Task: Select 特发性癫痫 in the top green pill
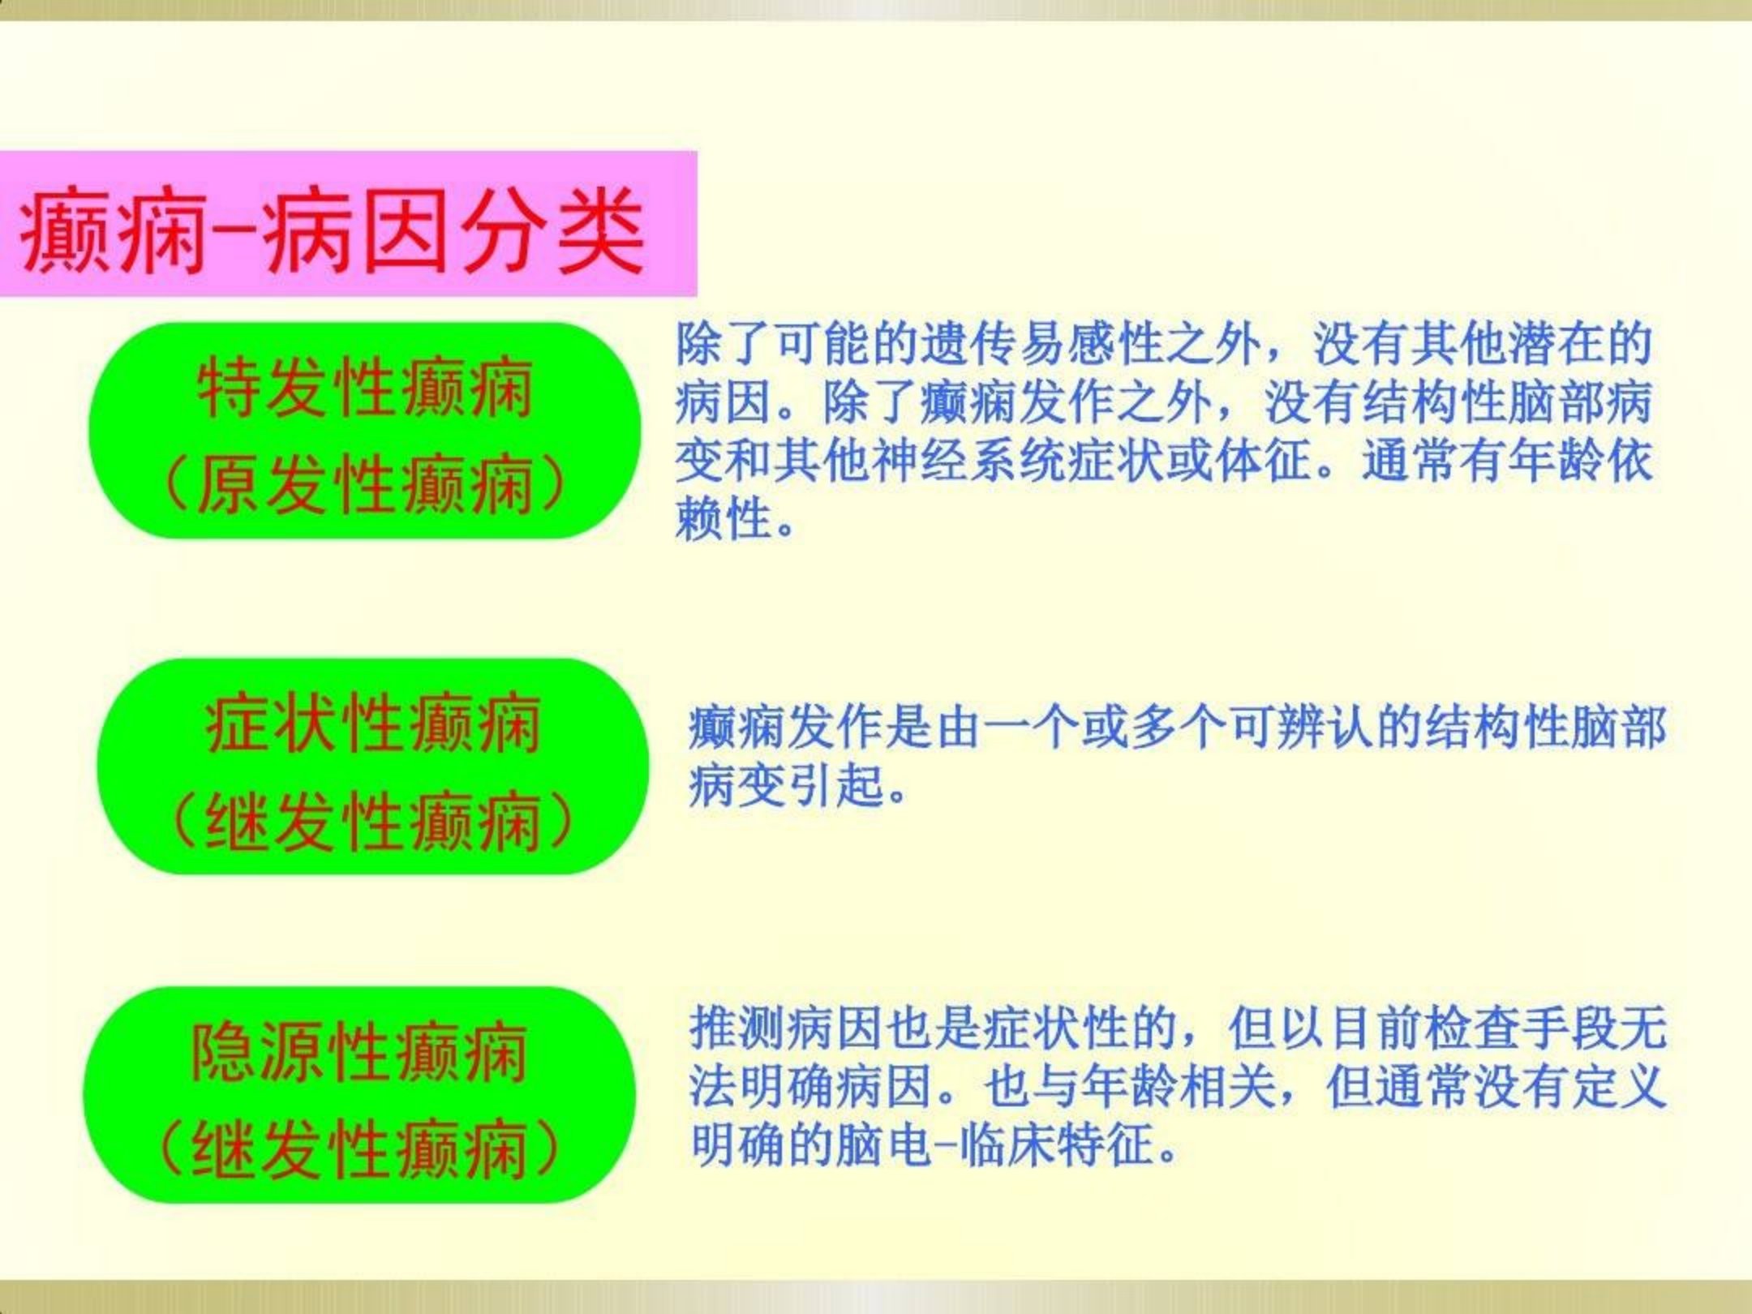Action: pyautogui.click(x=366, y=387)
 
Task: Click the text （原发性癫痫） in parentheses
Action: pyautogui.click(x=364, y=484)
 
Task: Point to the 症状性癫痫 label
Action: pyautogui.click(x=373, y=724)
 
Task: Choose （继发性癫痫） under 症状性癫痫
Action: pyautogui.click(x=373, y=821)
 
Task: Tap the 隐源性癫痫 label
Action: pyautogui.click(x=359, y=1052)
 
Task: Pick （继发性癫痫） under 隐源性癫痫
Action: pyautogui.click(x=359, y=1149)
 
